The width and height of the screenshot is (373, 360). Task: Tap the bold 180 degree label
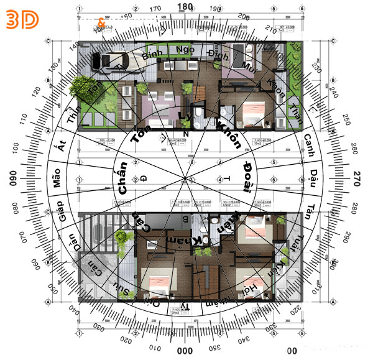(x=185, y=7)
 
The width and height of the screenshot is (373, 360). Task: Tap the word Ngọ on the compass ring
(x=185, y=49)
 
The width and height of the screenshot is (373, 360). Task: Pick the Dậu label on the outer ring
(x=313, y=173)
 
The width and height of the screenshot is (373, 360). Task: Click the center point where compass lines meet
(x=185, y=179)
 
